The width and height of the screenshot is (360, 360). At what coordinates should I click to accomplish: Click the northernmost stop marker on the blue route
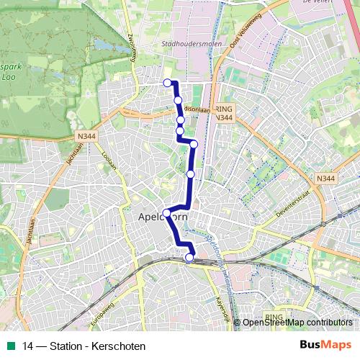(x=167, y=83)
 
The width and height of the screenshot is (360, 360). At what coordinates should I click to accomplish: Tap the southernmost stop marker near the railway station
(x=189, y=258)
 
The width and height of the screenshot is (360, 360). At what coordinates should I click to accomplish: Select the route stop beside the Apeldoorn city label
(x=167, y=213)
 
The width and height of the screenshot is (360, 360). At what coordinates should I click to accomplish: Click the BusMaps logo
(x=325, y=345)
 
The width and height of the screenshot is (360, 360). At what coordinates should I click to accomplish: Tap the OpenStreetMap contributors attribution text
(x=297, y=323)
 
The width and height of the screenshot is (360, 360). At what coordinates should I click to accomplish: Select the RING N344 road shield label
(x=225, y=112)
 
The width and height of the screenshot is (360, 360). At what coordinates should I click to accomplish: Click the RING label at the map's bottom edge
(x=274, y=316)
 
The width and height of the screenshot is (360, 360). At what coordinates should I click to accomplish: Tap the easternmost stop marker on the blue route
(x=194, y=144)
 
